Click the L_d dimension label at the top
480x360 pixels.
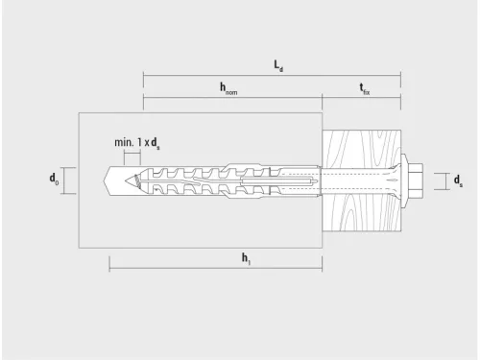pyautogui.click(x=277, y=65)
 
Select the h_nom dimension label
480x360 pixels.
pyautogui.click(x=228, y=88)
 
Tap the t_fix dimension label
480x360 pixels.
pyautogui.click(x=365, y=88)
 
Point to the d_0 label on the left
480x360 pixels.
pyautogui.click(x=54, y=180)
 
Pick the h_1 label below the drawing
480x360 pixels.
pyautogui.click(x=248, y=257)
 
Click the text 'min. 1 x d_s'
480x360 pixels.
pyautogui.click(x=138, y=142)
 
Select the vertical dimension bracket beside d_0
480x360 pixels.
pyautogui.click(x=65, y=180)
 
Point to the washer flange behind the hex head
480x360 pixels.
pyautogui.click(x=407, y=180)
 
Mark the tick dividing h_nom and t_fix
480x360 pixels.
pyautogui.click(x=322, y=98)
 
